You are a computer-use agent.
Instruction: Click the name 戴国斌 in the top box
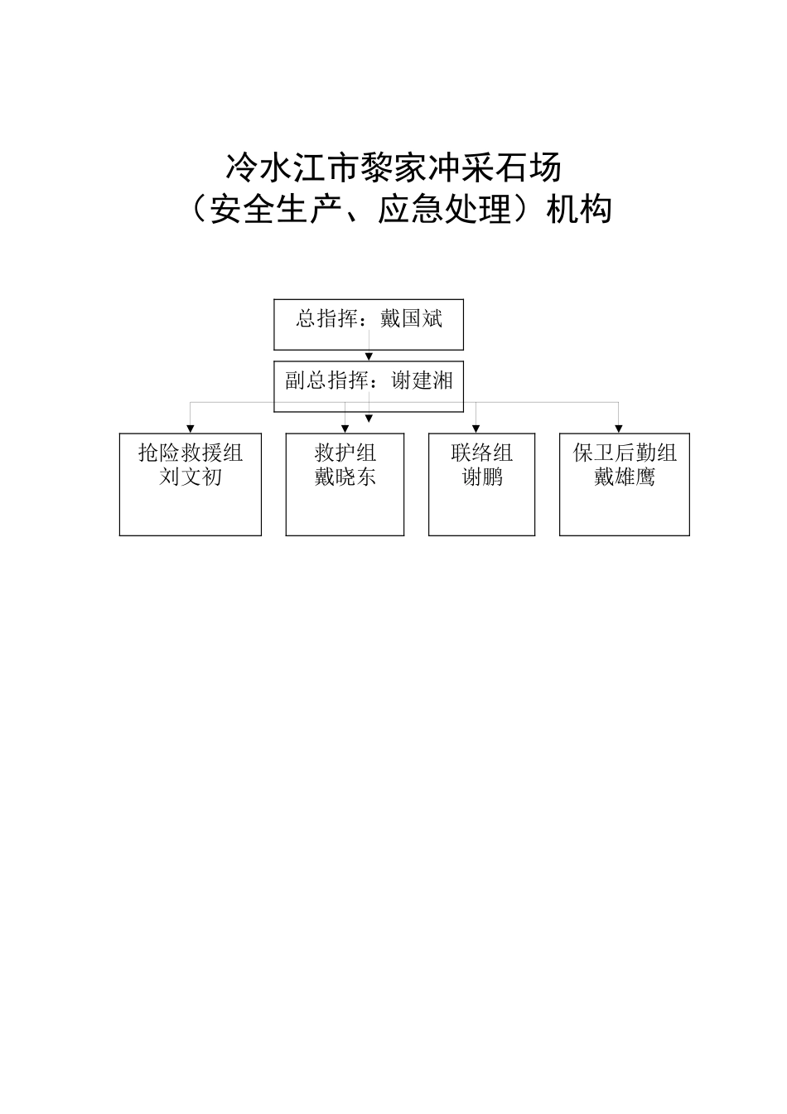click(x=411, y=318)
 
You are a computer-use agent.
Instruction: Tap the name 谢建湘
click(x=422, y=380)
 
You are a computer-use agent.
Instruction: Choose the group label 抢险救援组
click(x=191, y=453)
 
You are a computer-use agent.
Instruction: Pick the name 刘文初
click(x=191, y=477)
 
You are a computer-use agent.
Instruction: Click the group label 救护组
click(x=345, y=453)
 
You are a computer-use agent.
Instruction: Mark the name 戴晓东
click(x=345, y=477)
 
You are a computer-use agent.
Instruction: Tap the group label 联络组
click(x=481, y=453)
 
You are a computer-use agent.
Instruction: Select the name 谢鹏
click(x=481, y=477)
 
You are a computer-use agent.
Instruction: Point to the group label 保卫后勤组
click(x=625, y=453)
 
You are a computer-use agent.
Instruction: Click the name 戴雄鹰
click(x=625, y=477)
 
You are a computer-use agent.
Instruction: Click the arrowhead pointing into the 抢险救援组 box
click(x=191, y=428)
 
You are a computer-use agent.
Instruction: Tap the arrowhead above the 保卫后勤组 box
click(x=618, y=428)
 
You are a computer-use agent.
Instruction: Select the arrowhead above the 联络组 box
click(x=476, y=428)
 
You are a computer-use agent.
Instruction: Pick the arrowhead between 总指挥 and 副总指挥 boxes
click(x=369, y=356)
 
